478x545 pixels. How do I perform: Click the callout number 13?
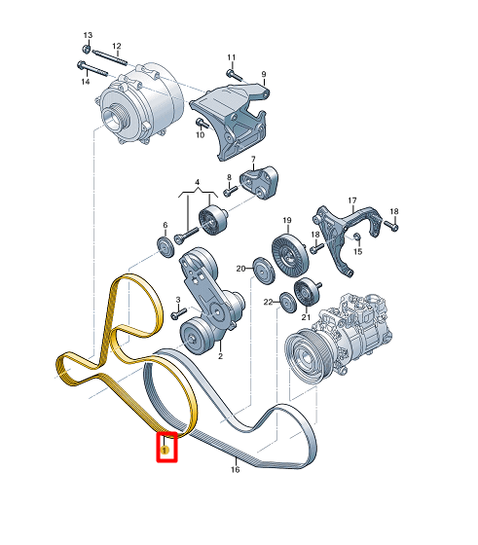tap(88, 35)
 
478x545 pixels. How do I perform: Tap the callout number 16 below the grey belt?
tap(236, 469)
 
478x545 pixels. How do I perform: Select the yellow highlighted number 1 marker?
tap(165, 451)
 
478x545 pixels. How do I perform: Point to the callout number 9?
tap(264, 74)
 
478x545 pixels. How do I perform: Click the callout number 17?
tap(352, 200)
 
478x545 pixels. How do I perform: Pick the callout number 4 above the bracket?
tap(197, 182)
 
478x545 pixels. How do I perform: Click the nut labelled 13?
tap(87, 49)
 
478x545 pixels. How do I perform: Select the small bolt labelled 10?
tap(202, 124)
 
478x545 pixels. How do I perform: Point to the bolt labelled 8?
tap(230, 191)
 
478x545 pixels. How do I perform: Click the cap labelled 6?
tap(165, 246)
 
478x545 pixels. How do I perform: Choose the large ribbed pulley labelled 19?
tap(289, 256)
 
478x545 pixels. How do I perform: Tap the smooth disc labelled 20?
tap(263, 272)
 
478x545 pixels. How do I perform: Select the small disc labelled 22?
tap(288, 302)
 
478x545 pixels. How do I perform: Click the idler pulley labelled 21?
tap(306, 292)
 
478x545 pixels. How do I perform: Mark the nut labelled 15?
tap(357, 236)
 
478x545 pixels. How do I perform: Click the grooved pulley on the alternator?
tap(116, 118)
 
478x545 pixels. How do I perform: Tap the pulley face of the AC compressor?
tap(302, 354)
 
